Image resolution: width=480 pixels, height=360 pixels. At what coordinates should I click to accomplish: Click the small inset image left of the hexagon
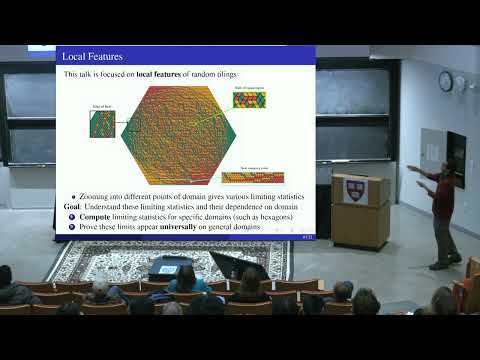point(102,124)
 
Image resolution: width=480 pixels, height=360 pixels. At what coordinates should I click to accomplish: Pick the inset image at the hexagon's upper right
point(249,99)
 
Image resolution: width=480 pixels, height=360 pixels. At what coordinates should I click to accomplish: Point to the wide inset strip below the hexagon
point(252,177)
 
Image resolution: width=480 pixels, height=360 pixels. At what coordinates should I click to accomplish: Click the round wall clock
point(445,81)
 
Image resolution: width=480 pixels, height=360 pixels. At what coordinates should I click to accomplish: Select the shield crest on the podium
point(352,191)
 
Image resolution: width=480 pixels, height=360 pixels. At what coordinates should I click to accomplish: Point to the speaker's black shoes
point(440,264)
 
